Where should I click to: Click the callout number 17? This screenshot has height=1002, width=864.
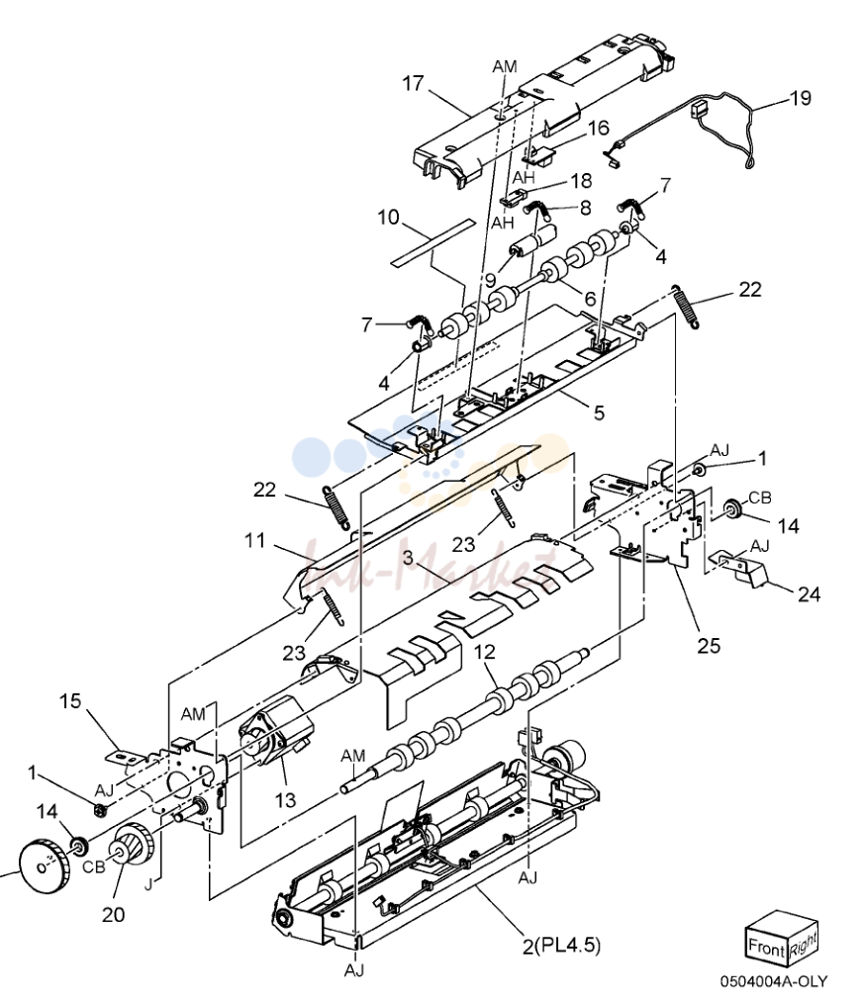tap(413, 83)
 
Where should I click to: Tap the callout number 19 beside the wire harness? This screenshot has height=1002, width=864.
tap(800, 98)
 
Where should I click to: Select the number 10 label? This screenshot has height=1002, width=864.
tap(388, 218)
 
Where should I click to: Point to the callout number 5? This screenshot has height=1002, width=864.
tap(599, 412)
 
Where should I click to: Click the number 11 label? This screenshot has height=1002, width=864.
tap(254, 541)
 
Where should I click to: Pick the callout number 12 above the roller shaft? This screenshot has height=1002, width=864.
tap(485, 652)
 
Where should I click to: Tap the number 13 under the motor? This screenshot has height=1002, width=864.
tap(285, 799)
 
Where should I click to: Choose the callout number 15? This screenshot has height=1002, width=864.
tap(70, 701)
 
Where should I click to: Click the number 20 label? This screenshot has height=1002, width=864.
tap(113, 914)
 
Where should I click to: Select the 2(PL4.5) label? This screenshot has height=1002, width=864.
tap(561, 945)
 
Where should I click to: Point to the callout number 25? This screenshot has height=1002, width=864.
tap(709, 646)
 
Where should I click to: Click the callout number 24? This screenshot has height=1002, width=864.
tap(809, 594)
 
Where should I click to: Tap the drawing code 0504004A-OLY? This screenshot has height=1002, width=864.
tap(774, 981)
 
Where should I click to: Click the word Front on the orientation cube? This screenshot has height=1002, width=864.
tap(766, 947)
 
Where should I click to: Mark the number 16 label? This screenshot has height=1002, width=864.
tap(598, 129)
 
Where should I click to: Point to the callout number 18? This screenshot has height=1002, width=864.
tap(581, 181)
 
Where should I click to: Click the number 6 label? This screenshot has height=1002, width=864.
tap(590, 299)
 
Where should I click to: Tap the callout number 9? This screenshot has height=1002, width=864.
tap(490, 280)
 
